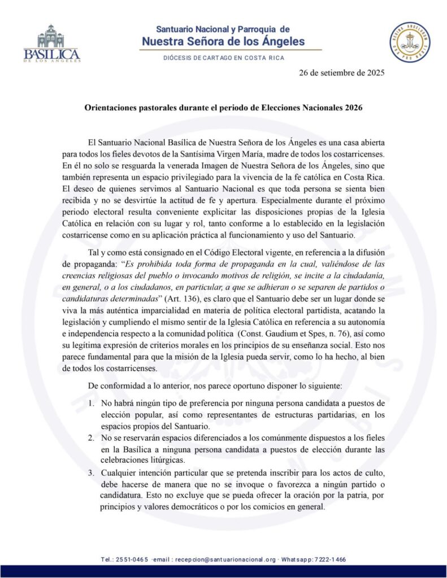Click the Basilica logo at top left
[52, 43]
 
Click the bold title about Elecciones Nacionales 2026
[223, 106]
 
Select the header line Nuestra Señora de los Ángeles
[223, 41]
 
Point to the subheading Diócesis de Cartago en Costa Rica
[223, 58]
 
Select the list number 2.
[92, 438]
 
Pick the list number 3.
[92, 472]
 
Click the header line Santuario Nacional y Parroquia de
[223, 29]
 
